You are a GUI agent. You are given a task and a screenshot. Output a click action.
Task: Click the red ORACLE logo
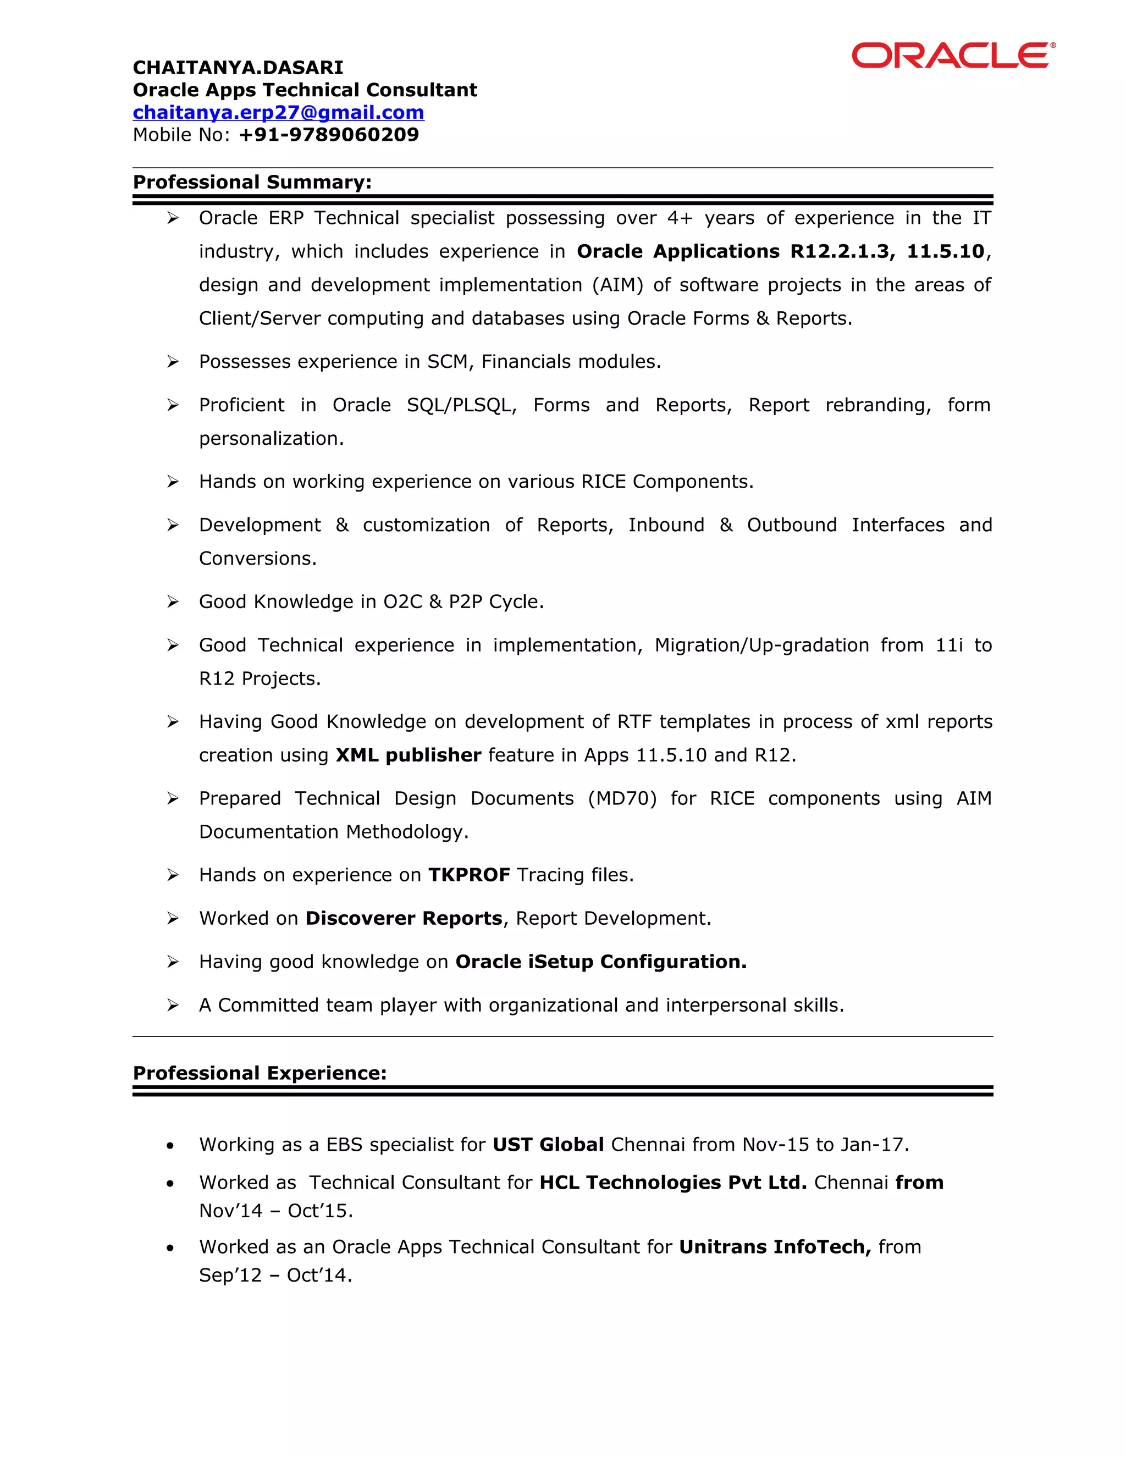(953, 56)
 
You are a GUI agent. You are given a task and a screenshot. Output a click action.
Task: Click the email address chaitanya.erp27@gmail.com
(278, 112)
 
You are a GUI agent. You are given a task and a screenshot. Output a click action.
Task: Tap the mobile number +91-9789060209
(329, 135)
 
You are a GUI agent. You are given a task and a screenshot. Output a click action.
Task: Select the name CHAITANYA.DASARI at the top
(238, 68)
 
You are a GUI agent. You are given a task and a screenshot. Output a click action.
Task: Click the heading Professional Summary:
(252, 182)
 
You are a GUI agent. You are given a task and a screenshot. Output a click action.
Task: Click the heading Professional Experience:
(260, 1073)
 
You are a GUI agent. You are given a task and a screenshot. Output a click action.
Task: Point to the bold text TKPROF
(469, 875)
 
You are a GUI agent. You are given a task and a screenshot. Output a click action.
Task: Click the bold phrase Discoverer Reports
(404, 918)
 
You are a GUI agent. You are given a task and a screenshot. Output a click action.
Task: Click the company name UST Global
(548, 1145)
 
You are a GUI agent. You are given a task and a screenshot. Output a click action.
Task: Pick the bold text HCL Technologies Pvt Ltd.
(672, 1182)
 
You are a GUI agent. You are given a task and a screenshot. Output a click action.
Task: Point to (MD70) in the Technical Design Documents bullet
(622, 798)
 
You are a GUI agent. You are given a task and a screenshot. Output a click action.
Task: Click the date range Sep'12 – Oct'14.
(275, 1276)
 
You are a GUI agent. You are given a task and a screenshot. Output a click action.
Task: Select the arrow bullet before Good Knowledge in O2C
(173, 601)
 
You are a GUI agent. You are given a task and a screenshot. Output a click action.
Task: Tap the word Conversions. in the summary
(257, 559)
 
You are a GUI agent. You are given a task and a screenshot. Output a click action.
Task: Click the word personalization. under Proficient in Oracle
(271, 438)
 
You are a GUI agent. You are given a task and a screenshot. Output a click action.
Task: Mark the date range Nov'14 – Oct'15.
(275, 1211)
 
